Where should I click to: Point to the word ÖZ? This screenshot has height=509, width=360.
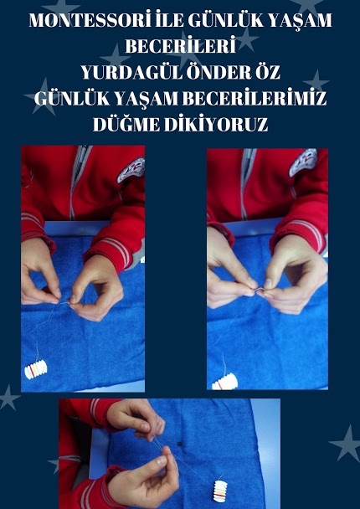[267, 73]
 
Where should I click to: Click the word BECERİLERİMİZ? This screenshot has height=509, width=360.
[255, 99]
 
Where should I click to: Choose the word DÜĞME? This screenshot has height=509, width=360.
[126, 125]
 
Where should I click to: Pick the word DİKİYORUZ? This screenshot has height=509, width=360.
[216, 125]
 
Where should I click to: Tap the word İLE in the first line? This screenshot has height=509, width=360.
[169, 21]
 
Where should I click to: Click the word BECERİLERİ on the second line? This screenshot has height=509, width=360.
[181, 47]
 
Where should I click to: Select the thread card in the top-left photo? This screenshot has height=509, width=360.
[36, 369]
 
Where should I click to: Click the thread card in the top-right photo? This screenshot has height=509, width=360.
[224, 382]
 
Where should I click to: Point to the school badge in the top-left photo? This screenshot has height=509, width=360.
[131, 170]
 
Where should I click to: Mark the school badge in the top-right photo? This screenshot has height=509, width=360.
[304, 162]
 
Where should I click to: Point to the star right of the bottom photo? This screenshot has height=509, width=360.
[346, 444]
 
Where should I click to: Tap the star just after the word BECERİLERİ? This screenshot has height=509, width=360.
[247, 39]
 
